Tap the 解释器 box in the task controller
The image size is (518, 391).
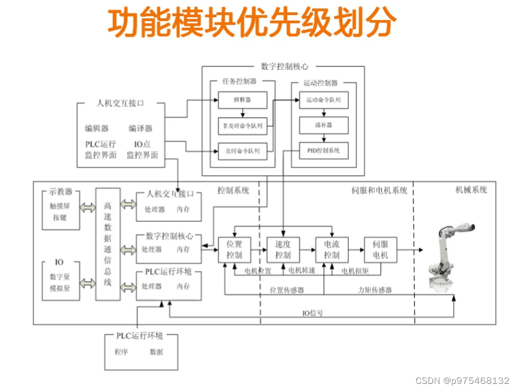pyautogui.click(x=243, y=101)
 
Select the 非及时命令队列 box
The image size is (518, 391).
pyautogui.click(x=243, y=125)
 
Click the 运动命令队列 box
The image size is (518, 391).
pyautogui.click(x=323, y=101)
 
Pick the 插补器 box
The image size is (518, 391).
pyautogui.click(x=323, y=125)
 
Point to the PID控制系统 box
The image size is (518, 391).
pyautogui.click(x=323, y=151)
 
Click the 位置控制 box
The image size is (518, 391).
pyautogui.click(x=234, y=250)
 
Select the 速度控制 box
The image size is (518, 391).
pyautogui.click(x=283, y=250)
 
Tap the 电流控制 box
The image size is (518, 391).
pyautogui.click(x=332, y=250)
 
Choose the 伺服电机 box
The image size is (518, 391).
pyautogui.click(x=380, y=250)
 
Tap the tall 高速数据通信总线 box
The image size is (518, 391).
pyautogui.click(x=107, y=244)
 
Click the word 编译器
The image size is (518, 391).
pyautogui.click(x=140, y=128)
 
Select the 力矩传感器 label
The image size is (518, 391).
pyautogui.click(x=375, y=290)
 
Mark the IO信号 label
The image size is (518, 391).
pyautogui.click(x=313, y=313)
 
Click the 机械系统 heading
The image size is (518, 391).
pyautogui.click(x=472, y=190)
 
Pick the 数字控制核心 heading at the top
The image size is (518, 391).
pyautogui.click(x=284, y=67)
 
